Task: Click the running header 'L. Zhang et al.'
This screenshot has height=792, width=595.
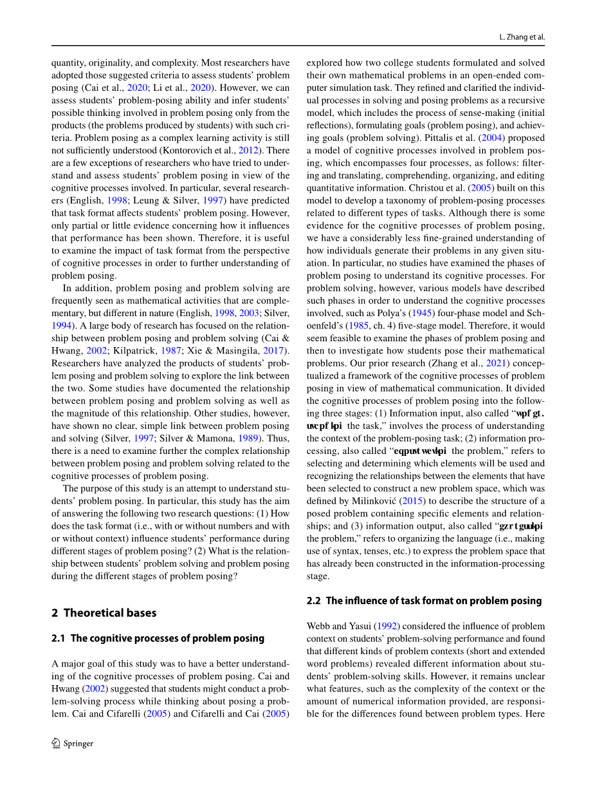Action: [x=522, y=37]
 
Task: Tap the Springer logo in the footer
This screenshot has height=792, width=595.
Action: [x=72, y=743]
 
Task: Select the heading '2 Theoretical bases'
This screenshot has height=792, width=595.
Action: [x=104, y=613]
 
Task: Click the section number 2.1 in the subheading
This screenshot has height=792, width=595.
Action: [x=59, y=638]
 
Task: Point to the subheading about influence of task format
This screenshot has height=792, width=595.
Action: [x=425, y=601]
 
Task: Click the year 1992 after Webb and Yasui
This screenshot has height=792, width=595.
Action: [x=387, y=626]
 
